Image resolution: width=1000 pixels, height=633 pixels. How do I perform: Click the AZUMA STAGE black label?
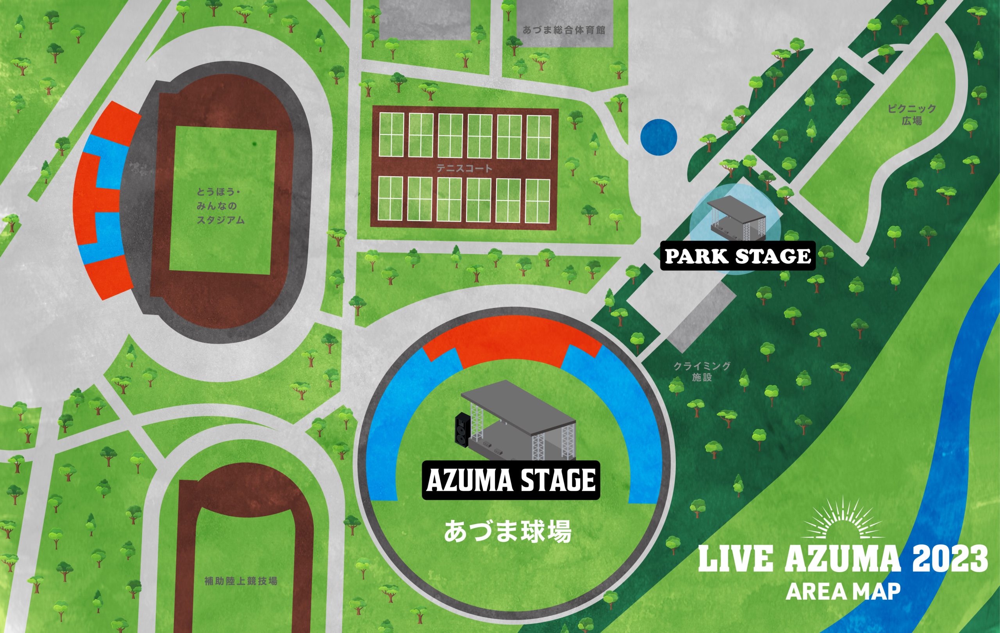click(511, 480)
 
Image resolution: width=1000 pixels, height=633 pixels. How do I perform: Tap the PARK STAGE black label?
click(737, 256)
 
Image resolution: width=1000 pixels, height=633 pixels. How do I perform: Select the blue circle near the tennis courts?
click(659, 138)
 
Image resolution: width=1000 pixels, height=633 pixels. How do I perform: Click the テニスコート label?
click(464, 169)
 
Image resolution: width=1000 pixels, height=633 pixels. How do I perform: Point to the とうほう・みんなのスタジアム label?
click(221, 206)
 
